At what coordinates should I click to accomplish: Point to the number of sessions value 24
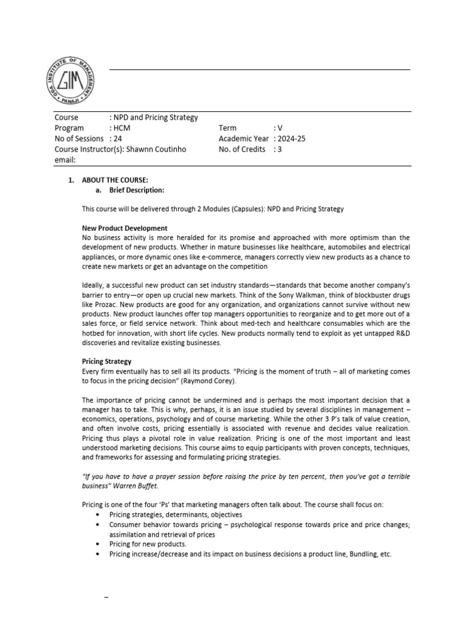pos(117,139)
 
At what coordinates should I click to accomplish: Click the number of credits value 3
pos(279,149)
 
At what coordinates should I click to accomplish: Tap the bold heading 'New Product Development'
pos(125,228)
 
